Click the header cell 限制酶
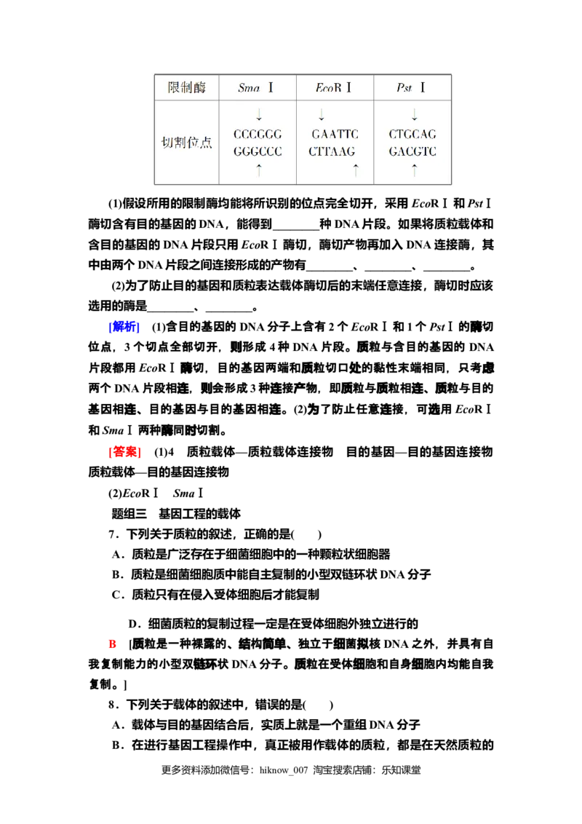point(187,88)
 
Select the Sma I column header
point(256,88)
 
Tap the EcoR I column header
point(334,88)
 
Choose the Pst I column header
point(411,88)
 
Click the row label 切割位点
point(186,143)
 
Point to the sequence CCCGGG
point(258,135)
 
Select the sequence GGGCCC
point(258,152)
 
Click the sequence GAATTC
point(335,135)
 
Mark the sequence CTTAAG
point(332,152)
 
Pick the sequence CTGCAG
point(412,135)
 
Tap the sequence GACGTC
point(412,152)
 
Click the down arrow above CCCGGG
point(259,115)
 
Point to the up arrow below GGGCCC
point(259,170)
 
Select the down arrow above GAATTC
point(321,115)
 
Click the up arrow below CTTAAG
point(356,170)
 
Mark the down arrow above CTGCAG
point(415,115)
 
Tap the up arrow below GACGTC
point(415,170)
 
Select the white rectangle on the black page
point(119,617)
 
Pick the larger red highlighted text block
point(124,452)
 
